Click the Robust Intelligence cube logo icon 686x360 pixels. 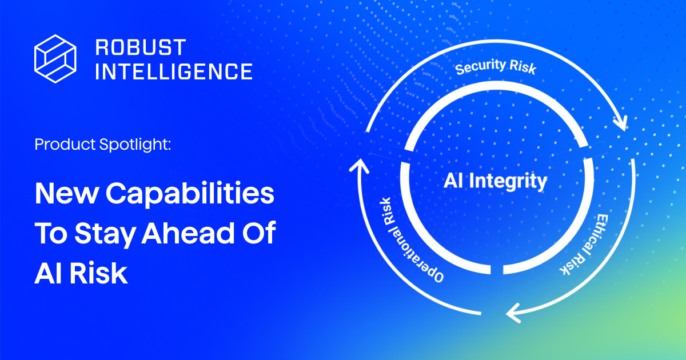click(x=55, y=58)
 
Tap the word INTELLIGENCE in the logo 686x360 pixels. click(x=173, y=71)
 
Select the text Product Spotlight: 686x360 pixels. click(x=103, y=145)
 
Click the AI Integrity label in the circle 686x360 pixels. click(x=495, y=182)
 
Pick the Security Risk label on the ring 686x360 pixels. click(x=496, y=67)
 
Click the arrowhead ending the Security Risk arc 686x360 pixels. click(x=621, y=122)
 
